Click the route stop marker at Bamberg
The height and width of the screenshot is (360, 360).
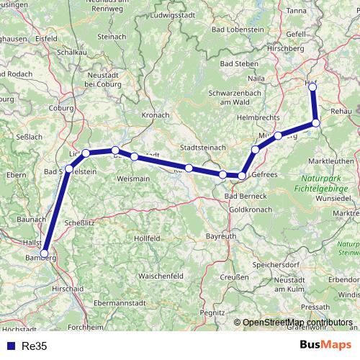(45, 253)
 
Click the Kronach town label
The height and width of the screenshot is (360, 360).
(156, 114)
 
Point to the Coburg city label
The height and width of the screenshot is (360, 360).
(62, 108)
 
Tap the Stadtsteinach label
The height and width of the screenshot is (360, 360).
(203, 147)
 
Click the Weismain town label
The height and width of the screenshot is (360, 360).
(133, 178)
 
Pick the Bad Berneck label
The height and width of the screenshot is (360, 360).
(246, 196)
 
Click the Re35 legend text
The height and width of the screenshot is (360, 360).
(33, 346)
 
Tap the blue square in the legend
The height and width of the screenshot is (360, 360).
(10, 346)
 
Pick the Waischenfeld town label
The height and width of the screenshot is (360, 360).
(160, 276)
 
